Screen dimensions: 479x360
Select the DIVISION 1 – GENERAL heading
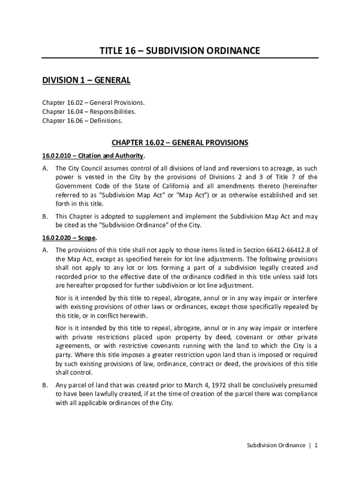pos(86,81)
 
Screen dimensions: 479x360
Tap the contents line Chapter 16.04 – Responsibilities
pos(89,111)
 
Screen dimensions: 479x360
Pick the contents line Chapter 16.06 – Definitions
pos(82,121)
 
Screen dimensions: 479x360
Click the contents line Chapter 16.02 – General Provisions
pos(94,102)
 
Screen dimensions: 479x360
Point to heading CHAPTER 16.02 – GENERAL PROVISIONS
pos(180,142)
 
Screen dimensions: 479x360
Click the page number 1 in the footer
pos(316,445)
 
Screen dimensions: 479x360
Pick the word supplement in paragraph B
pos(147,216)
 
